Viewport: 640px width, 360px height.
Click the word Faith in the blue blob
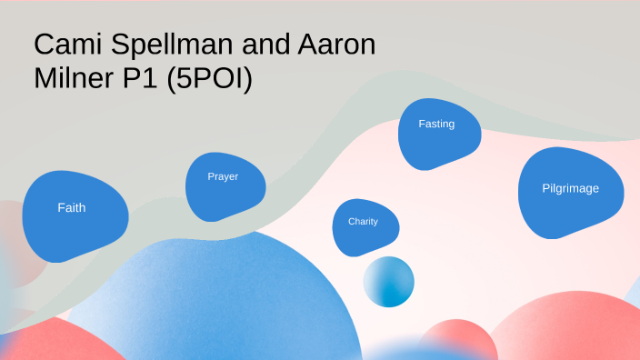point(72,207)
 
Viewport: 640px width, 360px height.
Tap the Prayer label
point(223,176)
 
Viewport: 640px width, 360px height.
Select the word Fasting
point(436,124)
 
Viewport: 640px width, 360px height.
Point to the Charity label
point(363,221)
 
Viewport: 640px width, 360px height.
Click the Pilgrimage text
point(570,188)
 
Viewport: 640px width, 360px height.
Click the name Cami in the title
point(65,45)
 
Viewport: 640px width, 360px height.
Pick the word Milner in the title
point(74,79)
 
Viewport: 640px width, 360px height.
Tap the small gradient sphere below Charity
point(389,282)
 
